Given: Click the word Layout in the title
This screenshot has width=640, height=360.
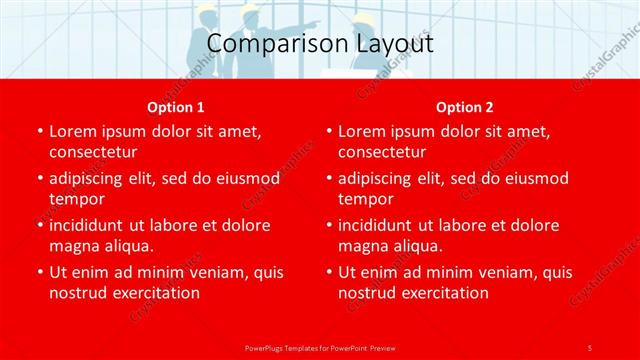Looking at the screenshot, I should tap(396, 44).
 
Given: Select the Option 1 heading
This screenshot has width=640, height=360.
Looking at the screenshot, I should tap(175, 107).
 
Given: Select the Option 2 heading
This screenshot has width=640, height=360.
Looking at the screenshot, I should tap(464, 107).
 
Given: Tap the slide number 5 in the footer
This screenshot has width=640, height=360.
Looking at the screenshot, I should tap(589, 346).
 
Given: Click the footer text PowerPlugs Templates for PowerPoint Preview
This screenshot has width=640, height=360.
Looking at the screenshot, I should tap(319, 346).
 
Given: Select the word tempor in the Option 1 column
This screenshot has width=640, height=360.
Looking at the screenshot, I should tap(73, 199).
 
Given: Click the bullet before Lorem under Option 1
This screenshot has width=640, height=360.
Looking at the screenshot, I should tap(39, 131).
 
